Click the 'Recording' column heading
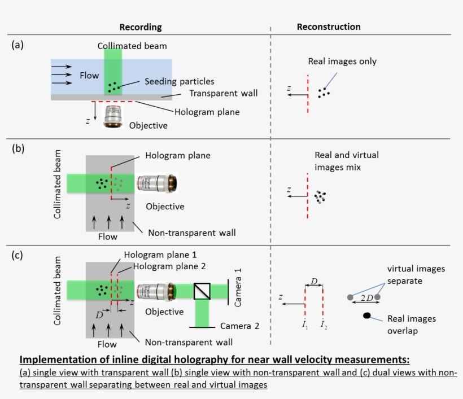141,27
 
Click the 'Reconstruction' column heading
329,27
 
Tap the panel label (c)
18,255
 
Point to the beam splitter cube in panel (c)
202,290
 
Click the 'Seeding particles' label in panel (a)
179,82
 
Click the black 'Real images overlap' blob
367,315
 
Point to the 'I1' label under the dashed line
305,325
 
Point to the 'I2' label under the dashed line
323,325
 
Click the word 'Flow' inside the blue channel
89,75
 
